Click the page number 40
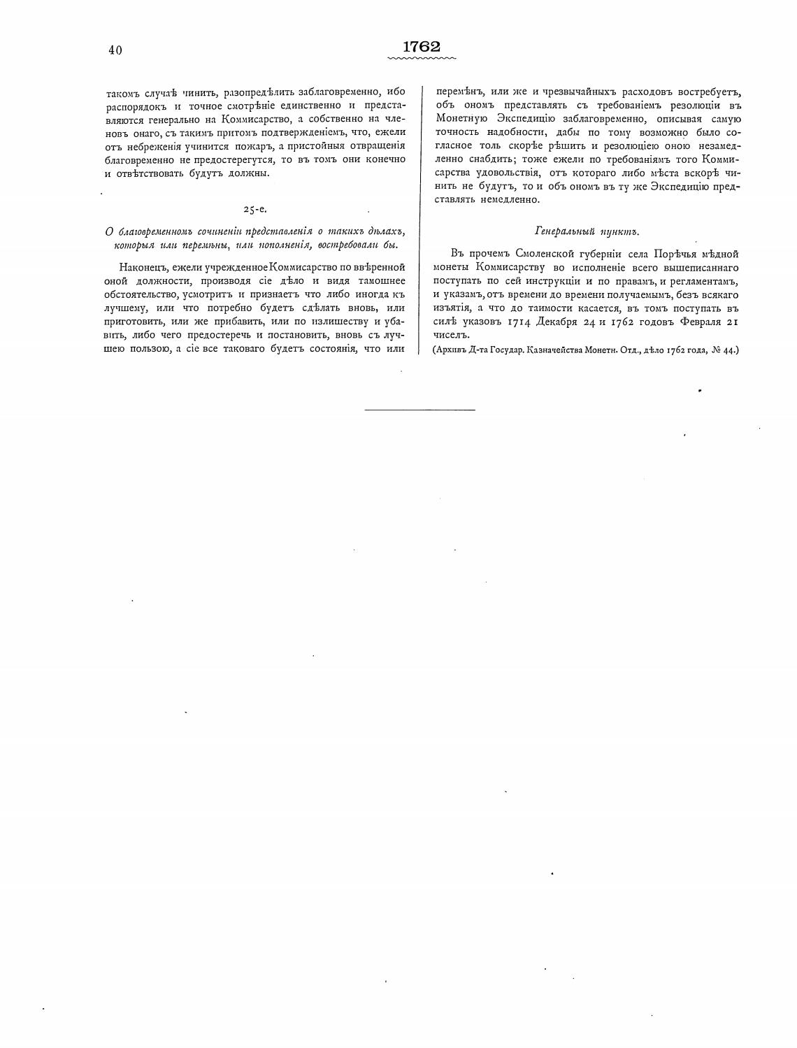pyautogui.click(x=115, y=50)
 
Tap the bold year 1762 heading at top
pyautogui.click(x=422, y=47)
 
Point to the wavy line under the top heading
pyautogui.click(x=422, y=59)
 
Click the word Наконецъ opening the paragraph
pyautogui.click(x=144, y=268)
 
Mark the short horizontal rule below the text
pyautogui.click(x=420, y=409)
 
